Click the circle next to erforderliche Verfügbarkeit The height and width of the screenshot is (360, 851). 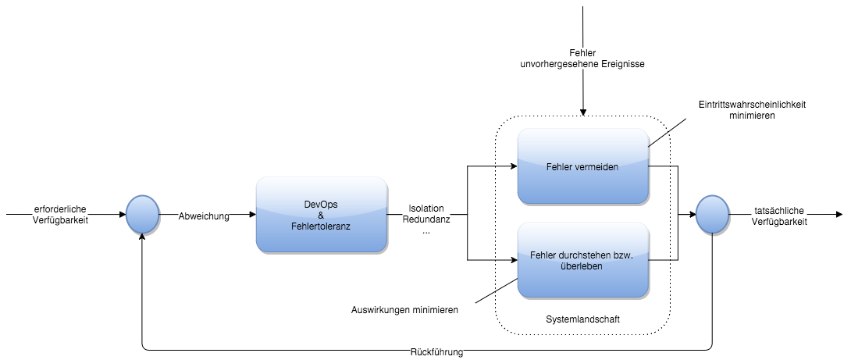pyautogui.click(x=142, y=215)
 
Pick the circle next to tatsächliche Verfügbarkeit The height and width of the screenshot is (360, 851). pyautogui.click(x=711, y=215)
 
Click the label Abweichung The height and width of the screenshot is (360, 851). pyautogui.click(x=204, y=216)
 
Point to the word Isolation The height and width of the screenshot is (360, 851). pyautogui.click(x=425, y=209)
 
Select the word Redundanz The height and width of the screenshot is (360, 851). pyautogui.click(x=425, y=220)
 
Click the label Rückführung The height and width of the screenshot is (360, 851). pyautogui.click(x=436, y=352)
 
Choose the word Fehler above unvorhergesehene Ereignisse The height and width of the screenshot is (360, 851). pyautogui.click(x=582, y=53)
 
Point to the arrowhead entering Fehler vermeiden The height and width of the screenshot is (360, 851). pyautogui.click(x=513, y=166)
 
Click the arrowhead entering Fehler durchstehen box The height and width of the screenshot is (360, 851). pyautogui.click(x=513, y=260)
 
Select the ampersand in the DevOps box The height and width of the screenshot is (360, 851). pyautogui.click(x=321, y=214)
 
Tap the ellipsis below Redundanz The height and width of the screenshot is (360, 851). pyautogui.click(x=425, y=232)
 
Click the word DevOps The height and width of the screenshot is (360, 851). pyautogui.click(x=321, y=204)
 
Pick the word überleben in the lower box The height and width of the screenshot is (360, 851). pyautogui.click(x=582, y=266)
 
